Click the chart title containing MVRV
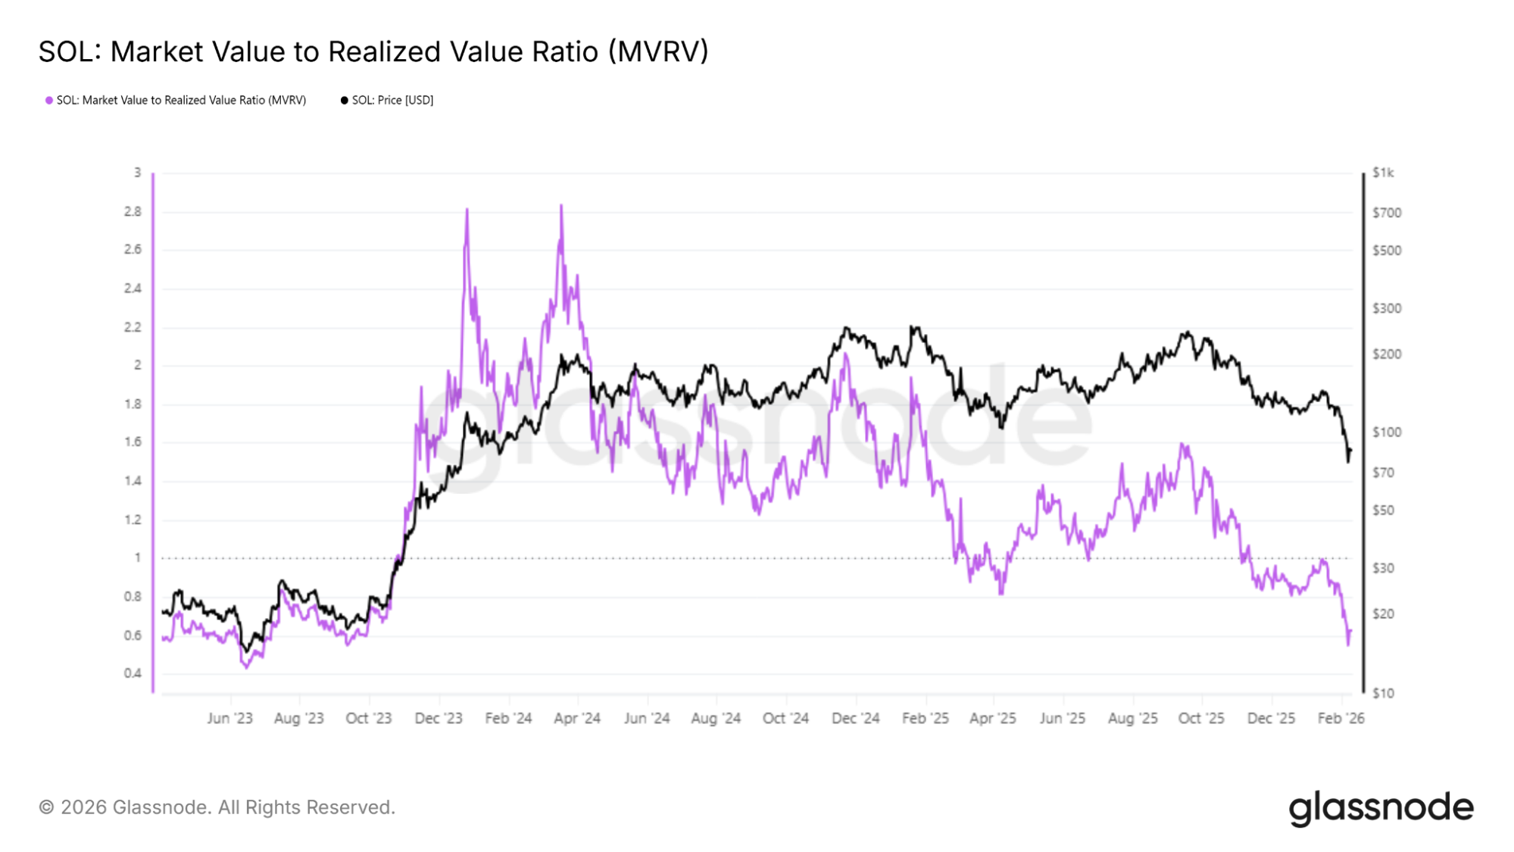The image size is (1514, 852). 373,51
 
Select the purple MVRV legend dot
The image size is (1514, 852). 49,100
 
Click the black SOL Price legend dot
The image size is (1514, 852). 345,100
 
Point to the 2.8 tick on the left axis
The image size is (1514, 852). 133,211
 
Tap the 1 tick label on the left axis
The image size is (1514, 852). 137,557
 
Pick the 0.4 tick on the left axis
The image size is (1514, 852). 133,673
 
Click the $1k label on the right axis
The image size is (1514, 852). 1383,173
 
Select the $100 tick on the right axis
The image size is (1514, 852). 1387,432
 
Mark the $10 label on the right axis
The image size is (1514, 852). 1383,693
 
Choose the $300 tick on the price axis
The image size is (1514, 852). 1387,308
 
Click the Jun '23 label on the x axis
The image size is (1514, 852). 229,718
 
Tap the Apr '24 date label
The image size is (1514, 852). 577,718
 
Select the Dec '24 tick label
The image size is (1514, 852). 855,718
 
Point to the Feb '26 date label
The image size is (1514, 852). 1341,718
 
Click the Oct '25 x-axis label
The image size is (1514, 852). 1201,718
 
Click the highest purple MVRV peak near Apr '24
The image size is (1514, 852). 561,205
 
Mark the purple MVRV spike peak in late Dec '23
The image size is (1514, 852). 467,210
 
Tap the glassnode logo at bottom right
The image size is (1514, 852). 1381,808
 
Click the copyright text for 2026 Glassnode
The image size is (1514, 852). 217,807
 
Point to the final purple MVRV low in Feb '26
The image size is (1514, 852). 1348,644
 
